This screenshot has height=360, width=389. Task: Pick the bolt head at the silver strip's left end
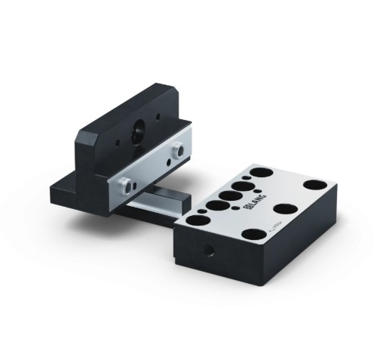pos(125,182)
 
